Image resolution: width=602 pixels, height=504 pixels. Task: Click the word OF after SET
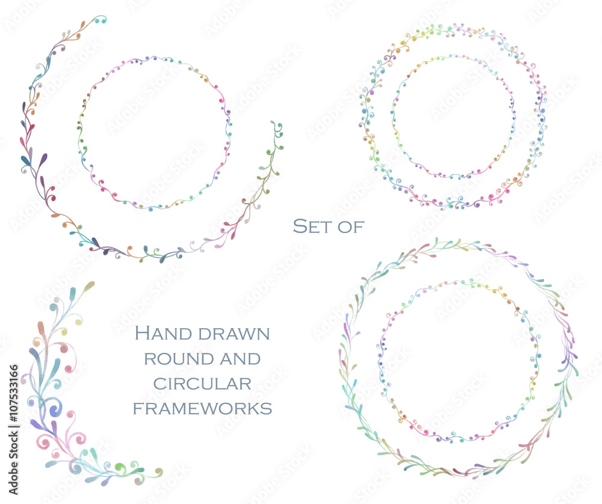pos(351,227)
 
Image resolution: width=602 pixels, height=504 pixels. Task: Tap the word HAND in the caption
pos(163,333)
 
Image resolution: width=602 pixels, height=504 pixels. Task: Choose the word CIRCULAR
pos(202,384)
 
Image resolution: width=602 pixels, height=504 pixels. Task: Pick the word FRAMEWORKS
pos(202,409)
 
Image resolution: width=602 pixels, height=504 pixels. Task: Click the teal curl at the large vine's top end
pos(101,20)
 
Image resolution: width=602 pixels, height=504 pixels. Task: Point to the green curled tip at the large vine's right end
pos(278,128)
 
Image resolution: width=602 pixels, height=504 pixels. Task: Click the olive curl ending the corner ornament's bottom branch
pos(158,471)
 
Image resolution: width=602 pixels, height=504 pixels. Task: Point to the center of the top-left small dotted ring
pos(154,133)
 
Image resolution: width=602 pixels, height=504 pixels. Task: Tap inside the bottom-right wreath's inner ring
pos(459,361)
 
